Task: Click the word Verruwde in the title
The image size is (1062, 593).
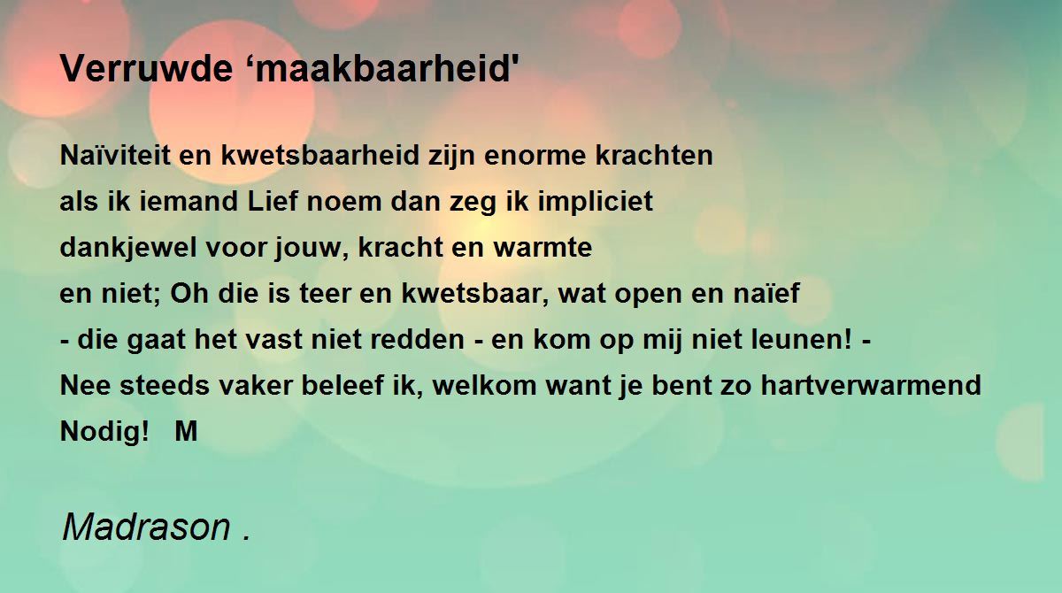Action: (x=146, y=68)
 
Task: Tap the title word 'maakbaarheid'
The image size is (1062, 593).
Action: (x=383, y=68)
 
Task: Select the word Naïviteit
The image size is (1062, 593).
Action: (x=115, y=155)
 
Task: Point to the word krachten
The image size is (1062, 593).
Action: (x=654, y=155)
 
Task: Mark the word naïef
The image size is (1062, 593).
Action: (x=766, y=292)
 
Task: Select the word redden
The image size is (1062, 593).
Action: (x=417, y=339)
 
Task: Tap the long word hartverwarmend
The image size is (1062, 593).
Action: (x=871, y=385)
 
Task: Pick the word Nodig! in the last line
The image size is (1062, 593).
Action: (x=104, y=432)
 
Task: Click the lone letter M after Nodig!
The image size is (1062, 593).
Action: (x=186, y=431)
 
